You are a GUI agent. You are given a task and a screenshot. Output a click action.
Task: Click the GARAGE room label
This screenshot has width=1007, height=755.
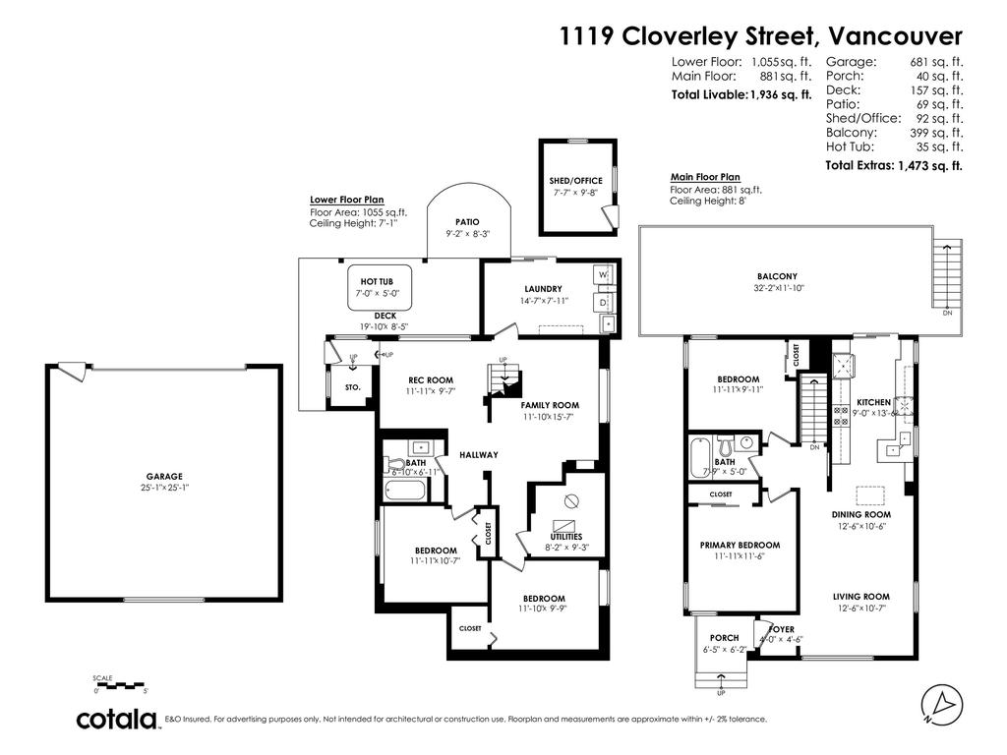[165, 476]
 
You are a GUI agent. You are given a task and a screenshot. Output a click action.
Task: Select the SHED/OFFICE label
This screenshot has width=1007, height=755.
[575, 181]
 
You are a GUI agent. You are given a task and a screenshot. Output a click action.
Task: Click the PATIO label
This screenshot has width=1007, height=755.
[467, 222]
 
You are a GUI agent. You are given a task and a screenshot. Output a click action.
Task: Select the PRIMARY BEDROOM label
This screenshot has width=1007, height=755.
[740, 545]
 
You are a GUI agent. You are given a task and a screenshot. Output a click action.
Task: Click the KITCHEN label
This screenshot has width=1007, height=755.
[873, 403]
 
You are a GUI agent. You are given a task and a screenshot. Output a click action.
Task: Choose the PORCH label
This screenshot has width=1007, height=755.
[724, 638]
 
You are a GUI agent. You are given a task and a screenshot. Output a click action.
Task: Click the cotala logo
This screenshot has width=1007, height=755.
[118, 719]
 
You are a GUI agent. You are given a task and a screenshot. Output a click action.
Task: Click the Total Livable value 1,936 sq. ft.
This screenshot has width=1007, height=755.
[781, 95]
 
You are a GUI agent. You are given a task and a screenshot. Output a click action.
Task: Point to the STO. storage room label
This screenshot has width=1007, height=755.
[353, 388]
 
